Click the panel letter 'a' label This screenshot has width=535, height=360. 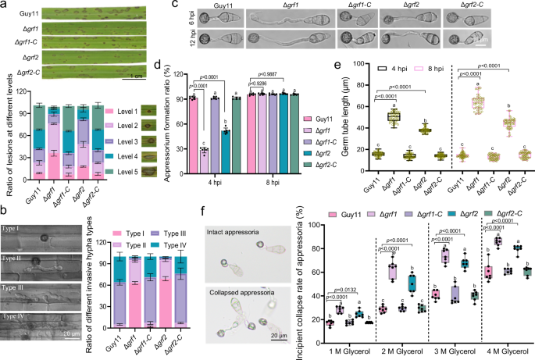click(x=4, y=5)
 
